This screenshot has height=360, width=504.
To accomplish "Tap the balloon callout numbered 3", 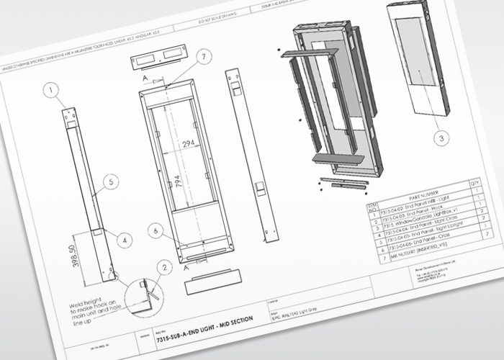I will click(442, 137).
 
